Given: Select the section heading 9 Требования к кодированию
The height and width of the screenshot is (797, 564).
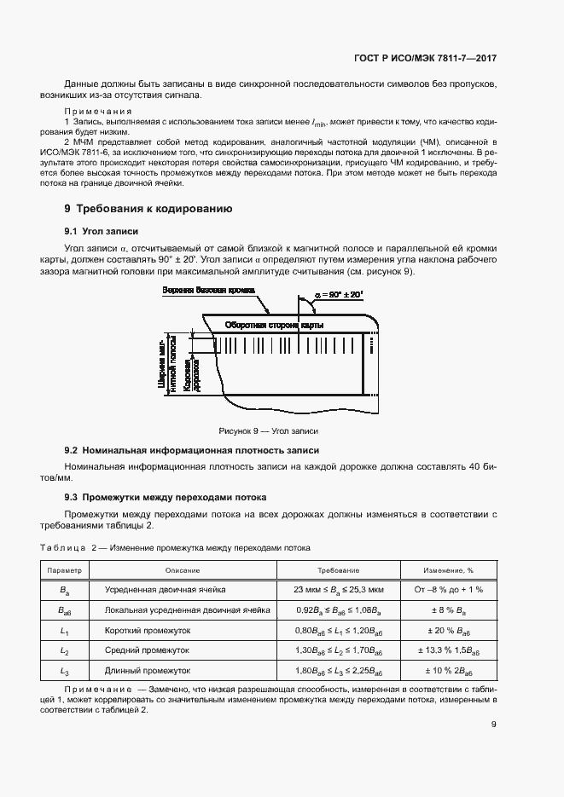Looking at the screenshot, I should click(x=148, y=209).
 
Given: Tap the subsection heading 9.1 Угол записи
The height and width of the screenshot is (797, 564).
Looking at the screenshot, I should click(x=102, y=232).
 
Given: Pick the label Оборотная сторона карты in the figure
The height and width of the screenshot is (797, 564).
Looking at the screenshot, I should click(x=273, y=325).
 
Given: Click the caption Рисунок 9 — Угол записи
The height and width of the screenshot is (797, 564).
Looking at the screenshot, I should click(x=268, y=431).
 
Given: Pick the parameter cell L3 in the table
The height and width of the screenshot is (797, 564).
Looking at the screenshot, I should click(x=64, y=671).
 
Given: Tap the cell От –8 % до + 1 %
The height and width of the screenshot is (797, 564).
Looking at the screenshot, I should click(x=449, y=590).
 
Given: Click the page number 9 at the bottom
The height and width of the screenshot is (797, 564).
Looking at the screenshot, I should click(x=494, y=725).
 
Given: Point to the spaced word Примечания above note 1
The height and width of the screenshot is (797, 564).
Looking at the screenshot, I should click(x=98, y=112).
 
